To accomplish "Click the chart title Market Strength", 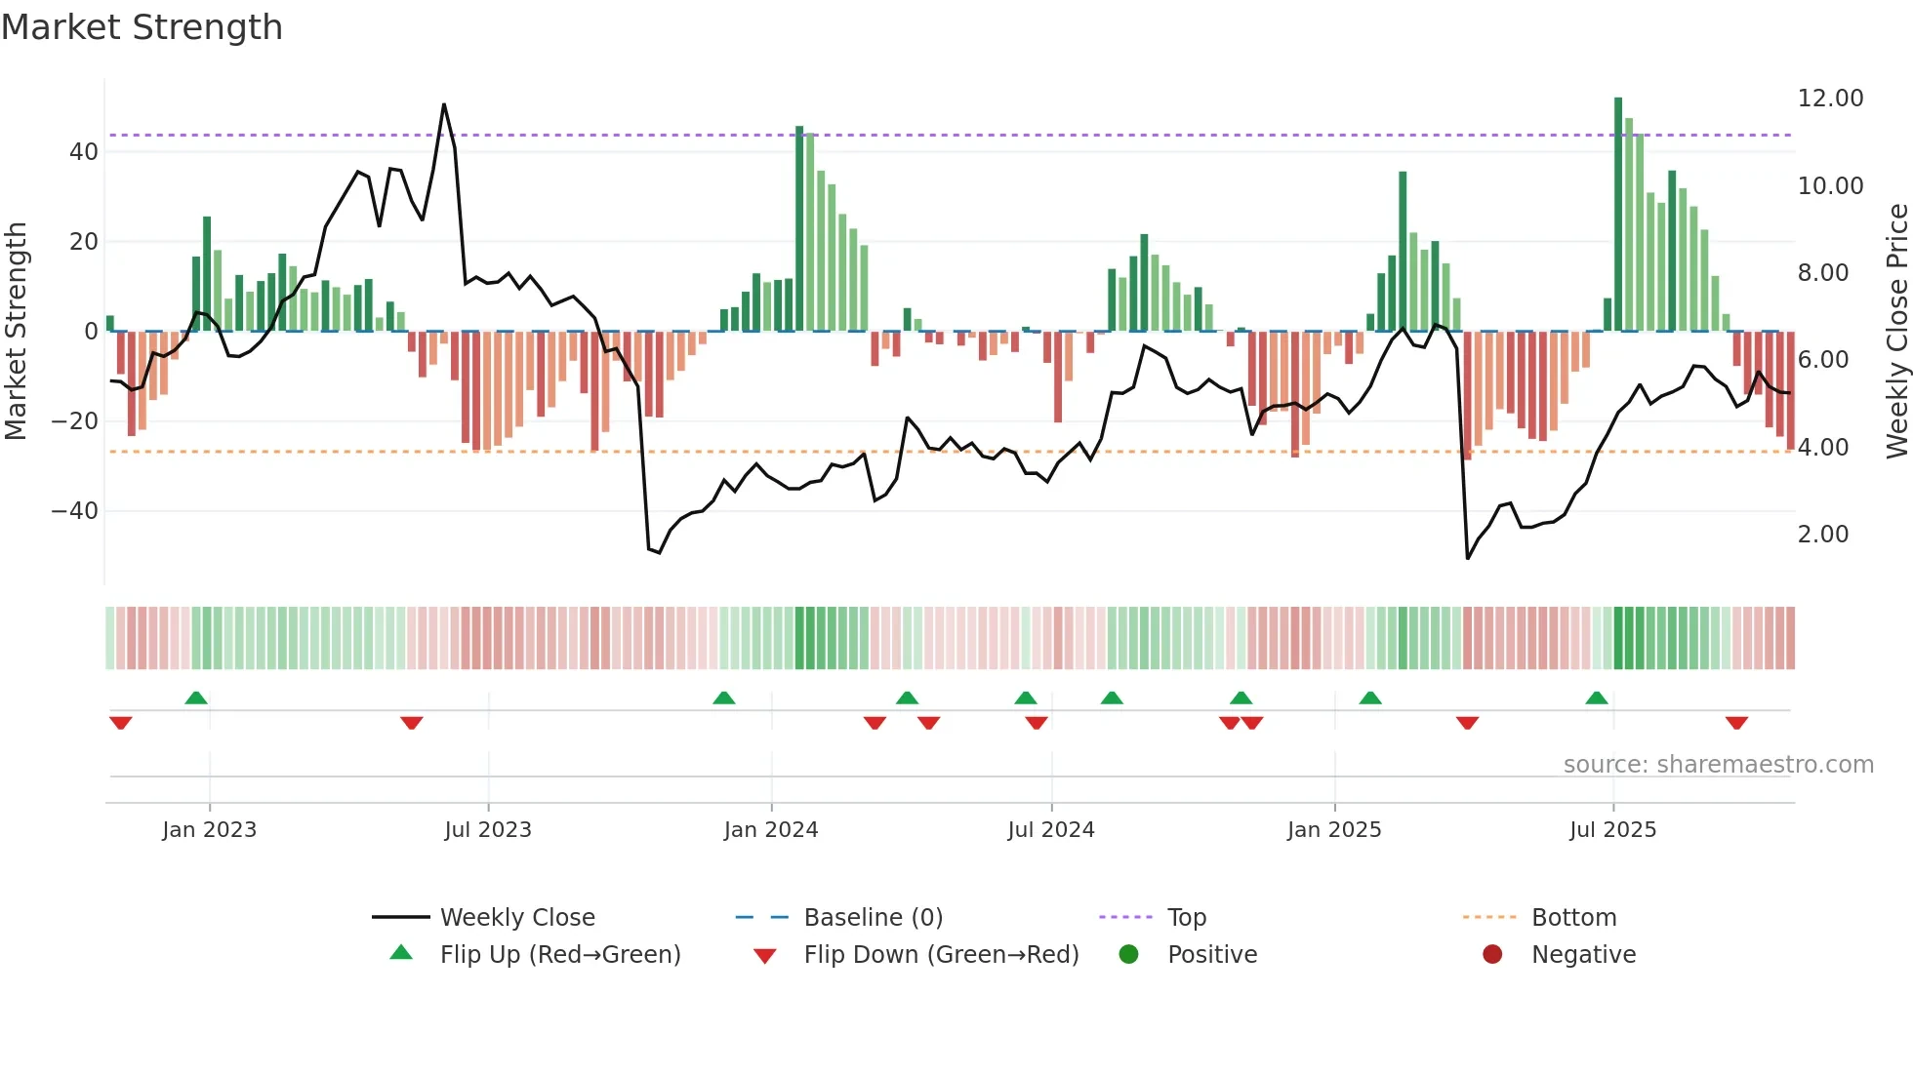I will (x=142, y=27).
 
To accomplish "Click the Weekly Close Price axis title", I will (x=1896, y=331).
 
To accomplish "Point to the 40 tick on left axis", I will (x=84, y=152).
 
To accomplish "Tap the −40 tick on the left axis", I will (x=75, y=511).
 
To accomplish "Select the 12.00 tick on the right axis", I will (x=1830, y=99).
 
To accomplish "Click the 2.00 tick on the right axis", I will (x=1822, y=535).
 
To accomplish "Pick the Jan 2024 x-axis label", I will (x=770, y=830).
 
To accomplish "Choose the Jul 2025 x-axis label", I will (x=1612, y=830).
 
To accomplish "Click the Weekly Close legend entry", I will (x=516, y=918).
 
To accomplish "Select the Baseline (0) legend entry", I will (x=873, y=918).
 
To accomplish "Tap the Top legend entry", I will (x=1186, y=918).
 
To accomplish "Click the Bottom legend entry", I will (x=1573, y=918).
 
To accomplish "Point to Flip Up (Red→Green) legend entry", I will (x=559, y=955).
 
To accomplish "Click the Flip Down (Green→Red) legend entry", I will (x=941, y=955).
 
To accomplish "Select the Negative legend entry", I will (x=1582, y=955).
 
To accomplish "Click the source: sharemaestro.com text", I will (x=1718, y=765).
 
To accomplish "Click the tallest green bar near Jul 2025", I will (x=1618, y=215).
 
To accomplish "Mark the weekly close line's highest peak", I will (x=444, y=104).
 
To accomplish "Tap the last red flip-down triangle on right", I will (x=1736, y=723).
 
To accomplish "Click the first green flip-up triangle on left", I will (x=196, y=697).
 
